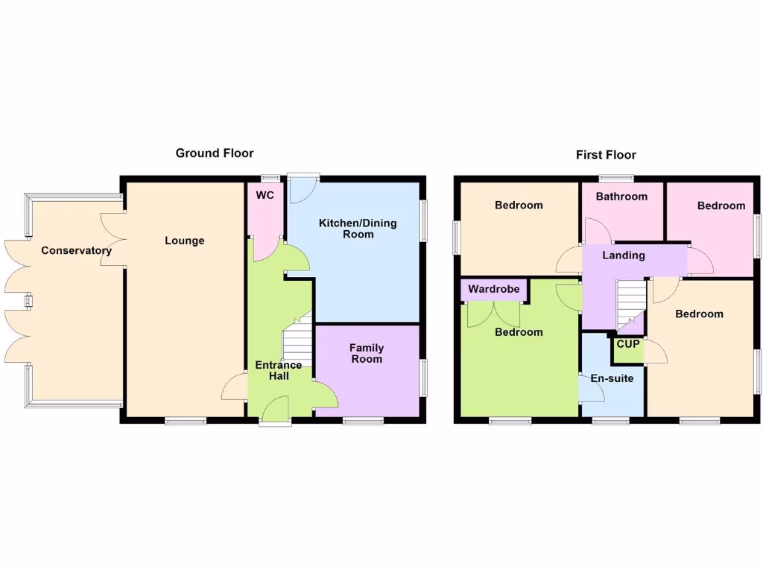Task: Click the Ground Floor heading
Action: (x=215, y=153)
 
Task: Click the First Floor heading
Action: (x=606, y=155)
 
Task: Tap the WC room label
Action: (x=265, y=195)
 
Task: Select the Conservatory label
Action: (x=76, y=250)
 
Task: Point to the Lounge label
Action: (x=184, y=241)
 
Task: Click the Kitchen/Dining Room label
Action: (x=358, y=229)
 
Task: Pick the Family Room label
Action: (x=367, y=353)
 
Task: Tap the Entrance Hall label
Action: (x=279, y=370)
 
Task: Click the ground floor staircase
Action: (x=297, y=345)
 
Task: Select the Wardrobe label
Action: (x=493, y=289)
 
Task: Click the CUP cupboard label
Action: (x=627, y=344)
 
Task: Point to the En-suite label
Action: (x=612, y=378)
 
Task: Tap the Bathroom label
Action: (x=621, y=197)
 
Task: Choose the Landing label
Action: (x=624, y=255)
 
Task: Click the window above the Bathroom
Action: (x=617, y=178)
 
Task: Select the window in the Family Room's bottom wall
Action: (x=363, y=421)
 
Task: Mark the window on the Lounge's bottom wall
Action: (x=186, y=421)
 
